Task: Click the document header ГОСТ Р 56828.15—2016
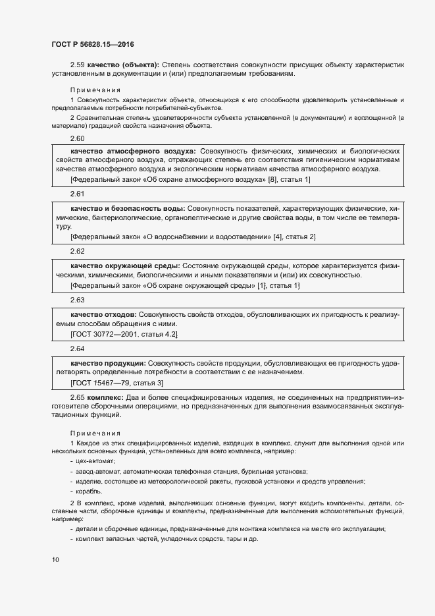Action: click(x=93, y=43)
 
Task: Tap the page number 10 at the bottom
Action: click(x=55, y=559)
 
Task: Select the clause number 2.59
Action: click(x=78, y=65)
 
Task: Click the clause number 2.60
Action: click(x=78, y=138)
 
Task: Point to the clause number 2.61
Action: click(x=78, y=194)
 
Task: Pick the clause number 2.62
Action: click(x=78, y=251)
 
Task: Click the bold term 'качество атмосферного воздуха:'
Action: click(x=133, y=151)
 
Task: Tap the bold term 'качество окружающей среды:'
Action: click(x=125, y=265)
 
